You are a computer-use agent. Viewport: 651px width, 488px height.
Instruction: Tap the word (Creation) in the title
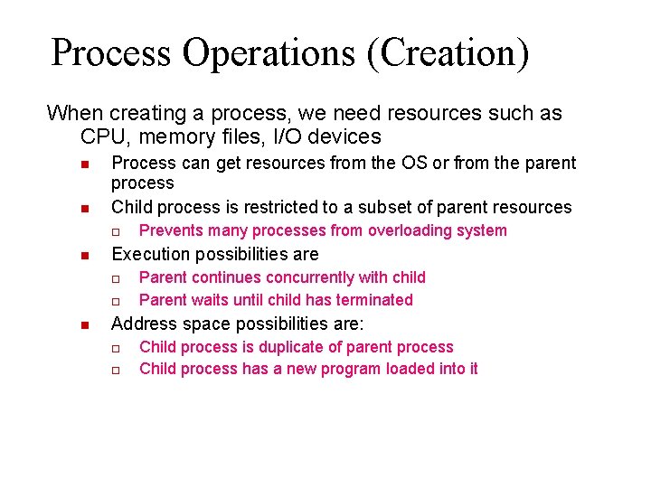447,52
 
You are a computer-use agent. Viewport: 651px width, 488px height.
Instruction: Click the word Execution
148,254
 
